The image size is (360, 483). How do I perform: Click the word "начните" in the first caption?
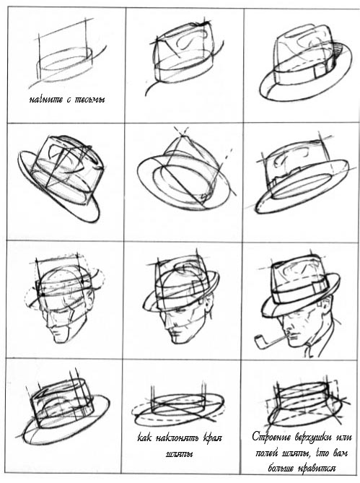46,100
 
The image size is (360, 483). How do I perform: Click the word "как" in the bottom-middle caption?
144,438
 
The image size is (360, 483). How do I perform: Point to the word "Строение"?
271,437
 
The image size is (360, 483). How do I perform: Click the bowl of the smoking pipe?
259,342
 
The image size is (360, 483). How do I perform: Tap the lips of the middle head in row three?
175,334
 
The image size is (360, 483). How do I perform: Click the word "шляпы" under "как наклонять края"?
179,455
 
